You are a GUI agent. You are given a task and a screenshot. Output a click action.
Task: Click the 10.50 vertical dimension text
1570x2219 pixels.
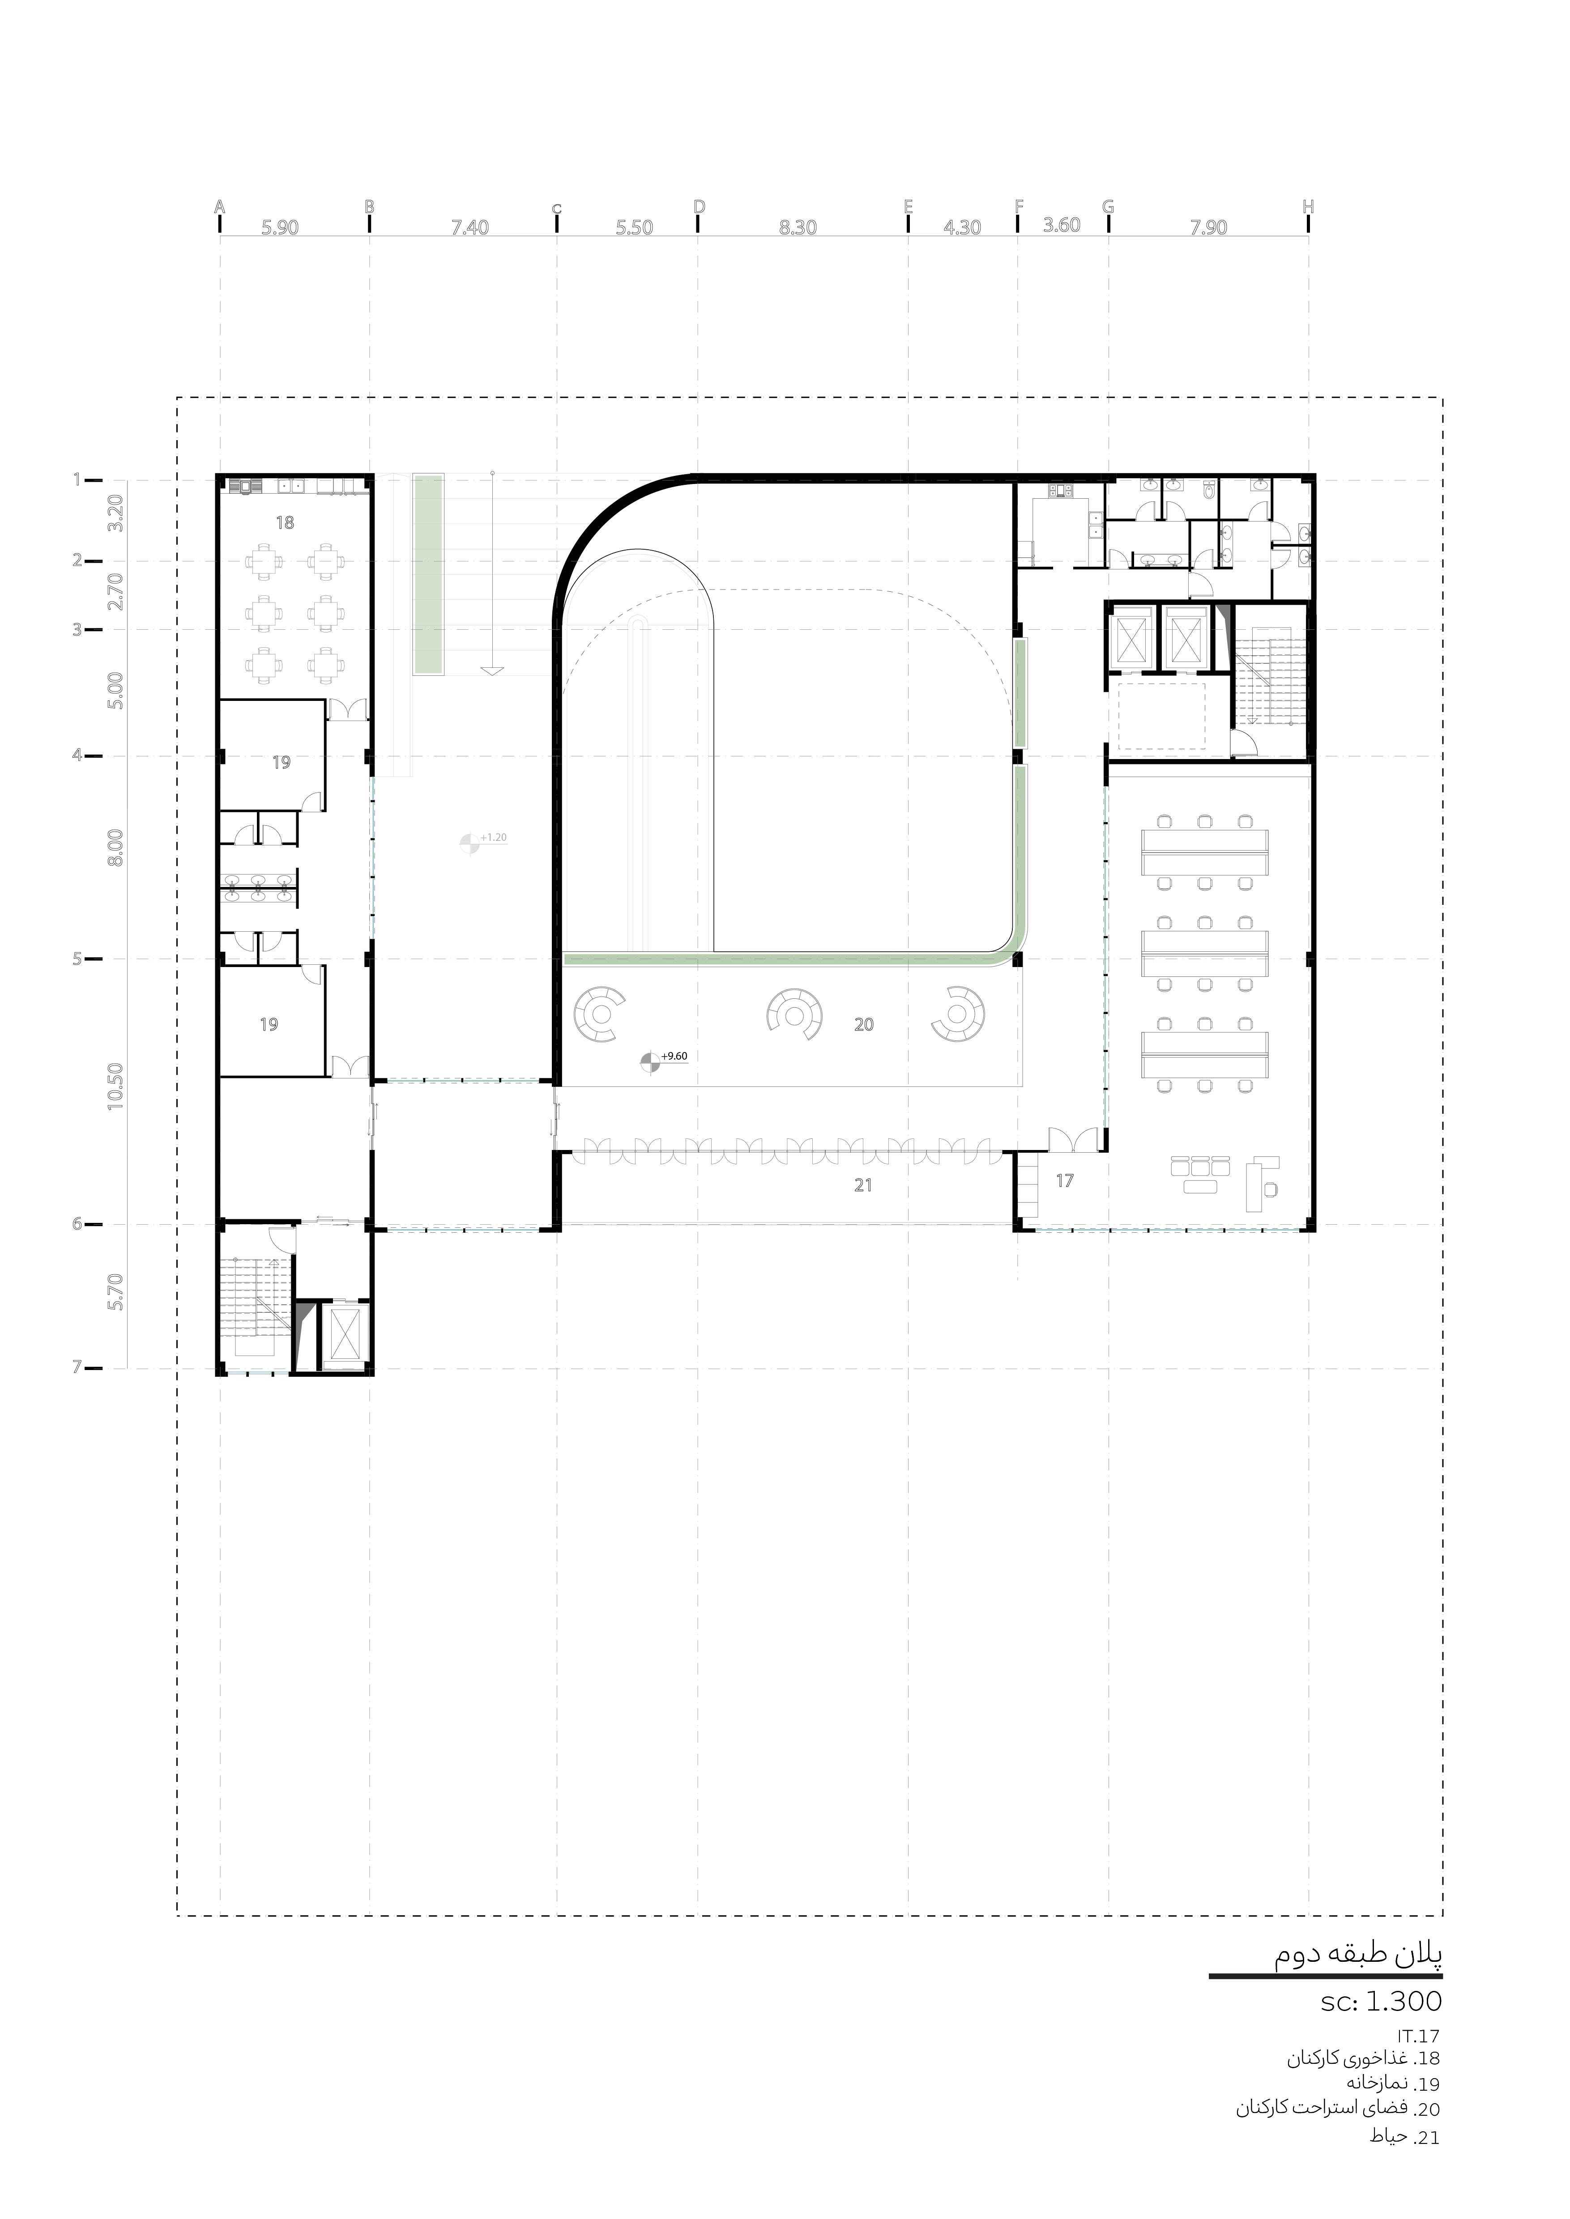click(116, 1086)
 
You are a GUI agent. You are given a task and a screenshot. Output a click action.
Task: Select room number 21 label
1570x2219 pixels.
click(863, 1185)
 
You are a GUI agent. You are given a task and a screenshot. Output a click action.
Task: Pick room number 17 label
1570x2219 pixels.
click(1064, 1180)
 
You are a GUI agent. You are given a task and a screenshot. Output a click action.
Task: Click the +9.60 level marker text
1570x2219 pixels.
click(674, 1056)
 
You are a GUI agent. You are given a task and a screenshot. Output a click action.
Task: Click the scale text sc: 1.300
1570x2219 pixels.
click(1382, 2001)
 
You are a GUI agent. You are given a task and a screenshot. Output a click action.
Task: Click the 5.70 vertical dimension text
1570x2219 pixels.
click(116, 1291)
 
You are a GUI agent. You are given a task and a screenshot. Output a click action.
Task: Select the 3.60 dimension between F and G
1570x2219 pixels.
click(1062, 225)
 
